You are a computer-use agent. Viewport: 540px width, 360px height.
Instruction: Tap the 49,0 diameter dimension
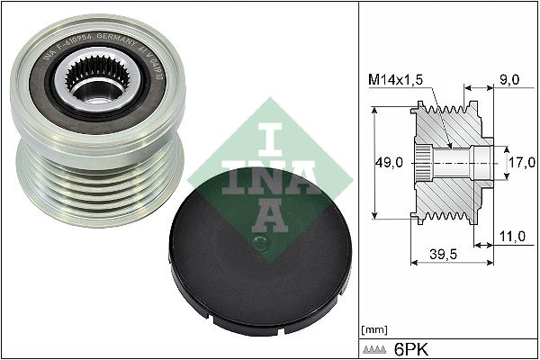pyautogui.click(x=388, y=163)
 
